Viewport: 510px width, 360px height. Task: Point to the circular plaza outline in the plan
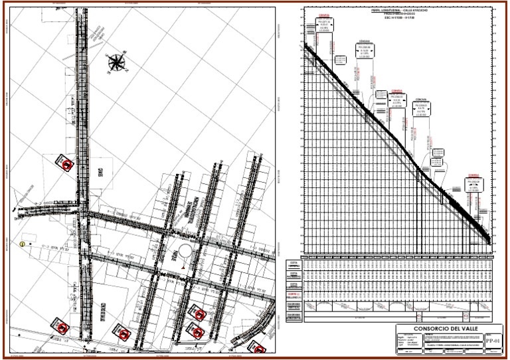coord(182,253)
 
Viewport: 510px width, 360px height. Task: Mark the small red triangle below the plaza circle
coord(182,267)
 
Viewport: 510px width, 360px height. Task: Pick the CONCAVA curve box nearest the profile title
coord(365,50)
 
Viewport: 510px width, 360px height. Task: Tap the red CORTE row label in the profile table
coord(293,294)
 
